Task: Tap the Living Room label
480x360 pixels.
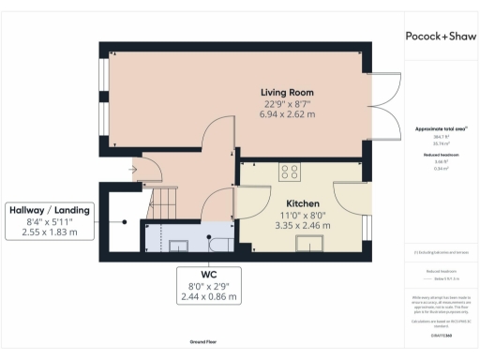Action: pyautogui.click(x=287, y=92)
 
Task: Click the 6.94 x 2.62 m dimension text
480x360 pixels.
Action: pyautogui.click(x=287, y=112)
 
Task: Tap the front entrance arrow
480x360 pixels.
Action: pyautogui.click(x=135, y=170)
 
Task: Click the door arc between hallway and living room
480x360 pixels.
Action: pyautogui.click(x=218, y=128)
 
